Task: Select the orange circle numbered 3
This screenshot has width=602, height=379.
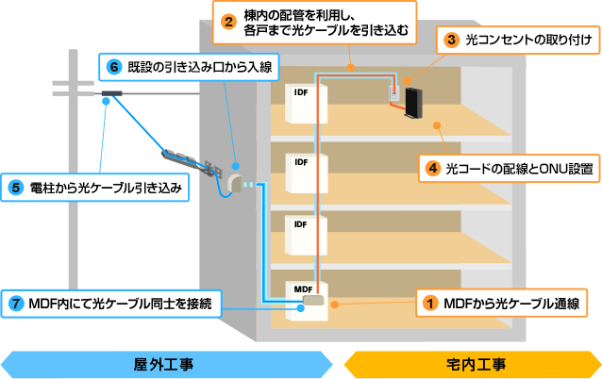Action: tap(452, 41)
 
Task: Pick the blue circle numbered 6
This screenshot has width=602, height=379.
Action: tap(115, 67)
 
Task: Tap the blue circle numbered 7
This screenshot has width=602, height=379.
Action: tap(17, 303)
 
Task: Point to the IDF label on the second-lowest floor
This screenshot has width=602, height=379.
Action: tap(301, 224)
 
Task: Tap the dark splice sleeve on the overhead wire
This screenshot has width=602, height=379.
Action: tap(115, 93)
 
